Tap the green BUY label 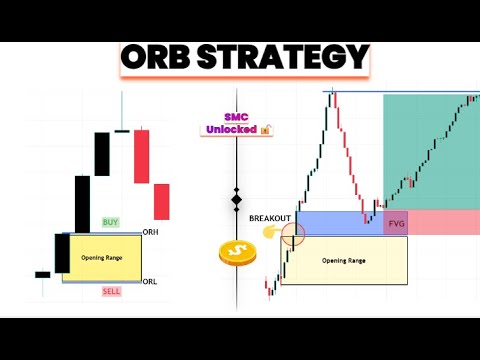(111, 221)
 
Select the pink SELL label (111, 290)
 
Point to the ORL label (151, 281)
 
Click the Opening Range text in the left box (101, 257)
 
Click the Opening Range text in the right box (344, 260)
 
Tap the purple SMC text (236, 116)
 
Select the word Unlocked (231, 129)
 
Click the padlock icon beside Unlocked (266, 129)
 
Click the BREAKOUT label (269, 217)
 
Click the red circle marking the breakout (294, 235)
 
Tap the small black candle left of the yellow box (42, 274)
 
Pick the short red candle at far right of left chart (161, 201)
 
